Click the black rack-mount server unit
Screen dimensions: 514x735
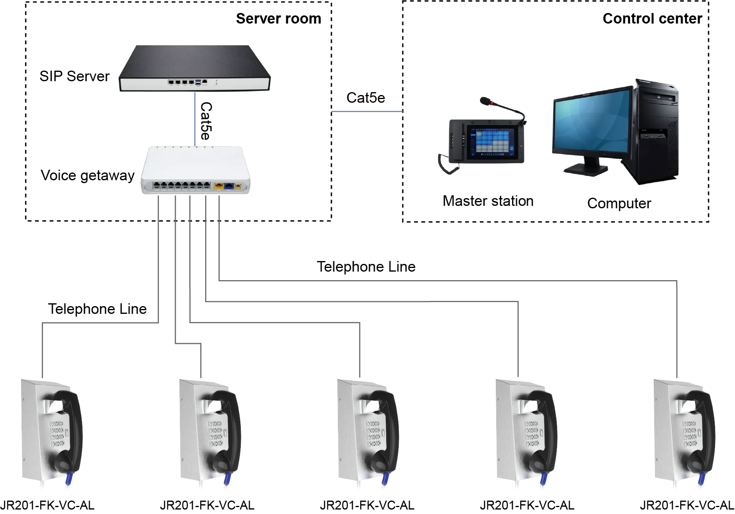(x=195, y=67)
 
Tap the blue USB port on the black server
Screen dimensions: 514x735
(x=198, y=82)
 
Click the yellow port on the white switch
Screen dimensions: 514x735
(x=219, y=186)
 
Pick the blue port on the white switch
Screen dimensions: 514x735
(x=229, y=186)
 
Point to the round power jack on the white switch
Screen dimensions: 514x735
(x=238, y=186)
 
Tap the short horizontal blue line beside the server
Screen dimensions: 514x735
(x=367, y=112)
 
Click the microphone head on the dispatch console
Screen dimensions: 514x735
(x=484, y=100)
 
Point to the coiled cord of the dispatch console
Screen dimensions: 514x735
(x=445, y=164)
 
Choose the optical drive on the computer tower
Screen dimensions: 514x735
(x=658, y=99)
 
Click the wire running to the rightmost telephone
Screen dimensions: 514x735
(x=678, y=325)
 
